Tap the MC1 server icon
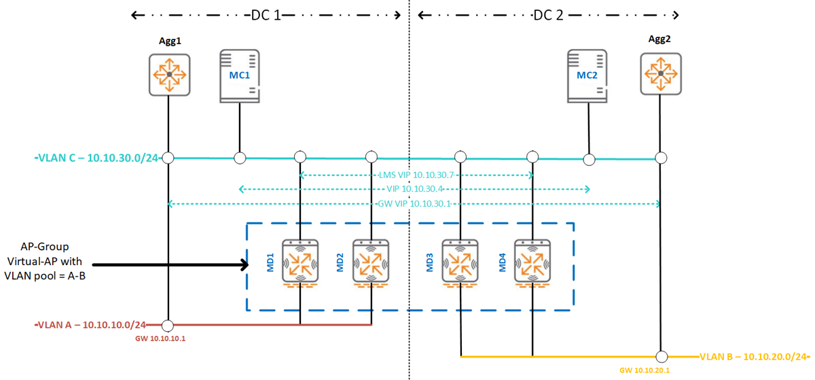(240, 76)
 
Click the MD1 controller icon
(300, 261)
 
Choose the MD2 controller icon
(371, 261)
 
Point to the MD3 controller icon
(462, 261)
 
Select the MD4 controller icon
(532, 261)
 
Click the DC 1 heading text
(266, 15)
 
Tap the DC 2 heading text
(548, 15)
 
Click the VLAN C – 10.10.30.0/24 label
(97, 158)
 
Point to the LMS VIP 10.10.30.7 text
(416, 175)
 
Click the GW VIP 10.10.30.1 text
(414, 204)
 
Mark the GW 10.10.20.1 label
(646, 370)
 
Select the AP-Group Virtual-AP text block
(45, 261)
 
